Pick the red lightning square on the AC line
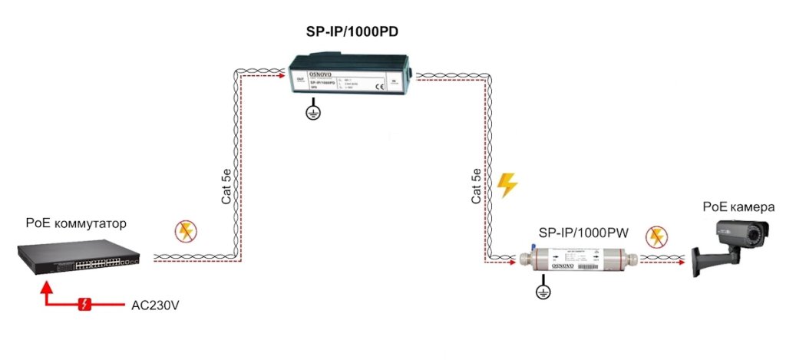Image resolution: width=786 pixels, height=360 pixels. point(85,305)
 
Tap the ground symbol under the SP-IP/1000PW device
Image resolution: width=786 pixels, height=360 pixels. point(544,289)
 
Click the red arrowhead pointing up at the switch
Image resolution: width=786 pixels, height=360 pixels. point(47,286)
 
